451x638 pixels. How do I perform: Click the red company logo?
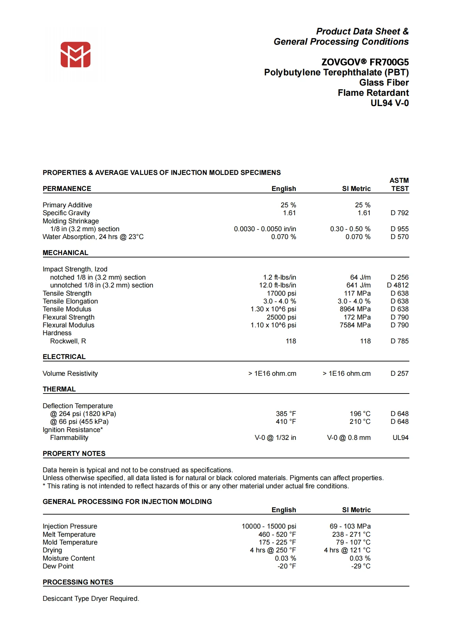75,55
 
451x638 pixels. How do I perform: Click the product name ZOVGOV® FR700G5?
365,62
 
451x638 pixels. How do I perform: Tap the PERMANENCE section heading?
67,189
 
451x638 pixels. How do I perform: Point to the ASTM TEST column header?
399,184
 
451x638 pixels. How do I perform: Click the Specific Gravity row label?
66,213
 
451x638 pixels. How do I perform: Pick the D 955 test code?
399,229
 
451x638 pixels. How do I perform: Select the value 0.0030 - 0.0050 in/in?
265,229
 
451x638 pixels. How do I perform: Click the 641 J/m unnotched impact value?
358,285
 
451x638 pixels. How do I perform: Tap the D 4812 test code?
397,285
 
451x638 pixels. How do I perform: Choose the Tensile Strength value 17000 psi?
281,293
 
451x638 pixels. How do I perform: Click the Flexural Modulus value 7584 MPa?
355,325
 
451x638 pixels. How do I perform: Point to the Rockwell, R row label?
68,341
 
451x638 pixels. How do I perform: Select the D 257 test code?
399,373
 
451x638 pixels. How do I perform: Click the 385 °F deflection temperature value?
286,414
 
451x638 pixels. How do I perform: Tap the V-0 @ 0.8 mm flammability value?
349,437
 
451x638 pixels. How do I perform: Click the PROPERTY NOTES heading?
74,454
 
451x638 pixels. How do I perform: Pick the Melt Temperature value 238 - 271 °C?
351,534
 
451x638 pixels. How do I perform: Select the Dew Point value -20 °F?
287,566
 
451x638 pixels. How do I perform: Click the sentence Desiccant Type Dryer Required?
91,598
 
